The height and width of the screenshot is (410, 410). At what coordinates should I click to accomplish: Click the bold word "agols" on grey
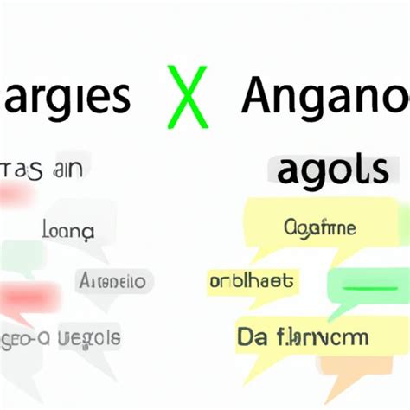333,171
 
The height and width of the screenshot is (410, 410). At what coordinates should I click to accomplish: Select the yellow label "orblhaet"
251,280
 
